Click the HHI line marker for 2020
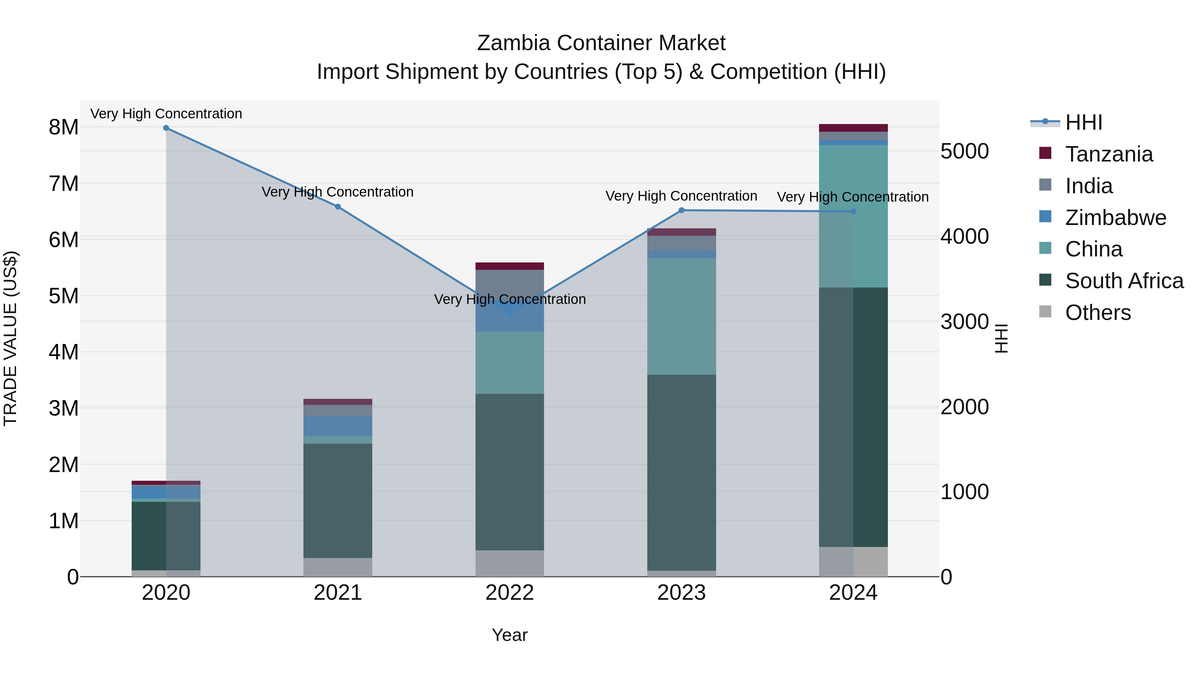coord(166,128)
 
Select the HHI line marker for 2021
coord(338,207)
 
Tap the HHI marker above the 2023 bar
coord(681,210)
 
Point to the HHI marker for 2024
coord(853,212)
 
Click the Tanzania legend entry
coord(1109,154)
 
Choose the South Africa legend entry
coord(1124,281)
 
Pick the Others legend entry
coord(1098,313)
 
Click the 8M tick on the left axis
coord(63,127)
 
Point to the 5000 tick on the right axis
coord(964,151)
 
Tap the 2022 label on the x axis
coord(510,593)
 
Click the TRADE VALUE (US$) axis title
coord(10,338)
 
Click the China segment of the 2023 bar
coord(681,316)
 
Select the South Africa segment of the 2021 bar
coord(338,500)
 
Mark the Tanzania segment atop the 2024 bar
coord(853,128)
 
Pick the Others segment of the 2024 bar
coord(853,562)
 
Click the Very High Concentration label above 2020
coord(166,114)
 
